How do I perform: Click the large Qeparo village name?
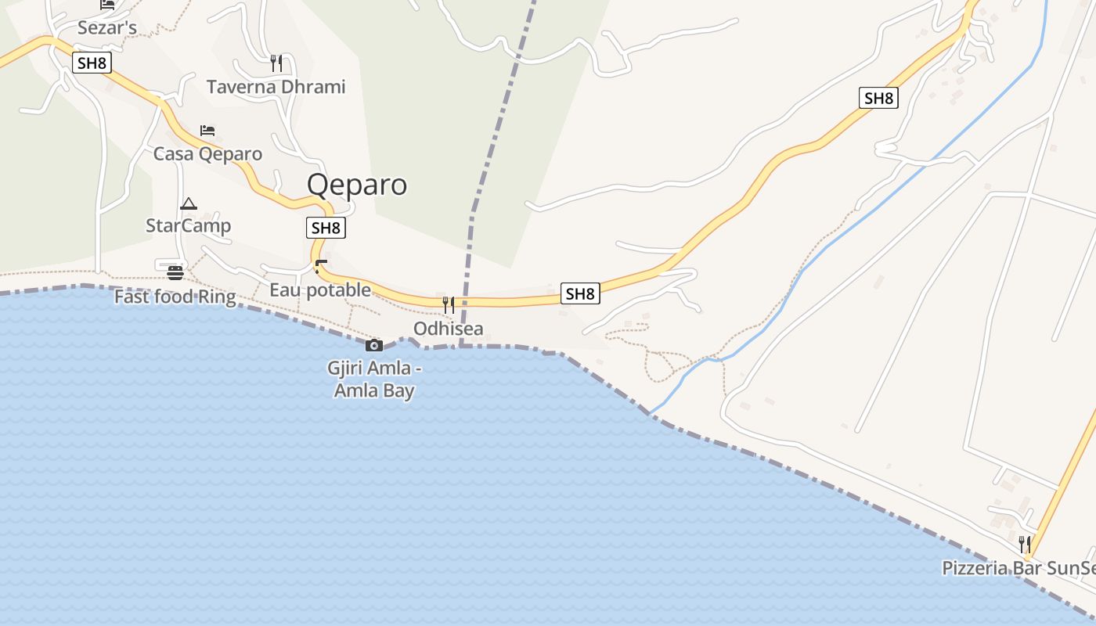click(357, 185)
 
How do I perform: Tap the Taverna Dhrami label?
click(276, 87)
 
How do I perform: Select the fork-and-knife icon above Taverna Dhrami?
click(276, 63)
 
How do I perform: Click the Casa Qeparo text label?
click(207, 153)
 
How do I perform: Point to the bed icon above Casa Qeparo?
click(207, 130)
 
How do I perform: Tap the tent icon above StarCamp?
click(189, 204)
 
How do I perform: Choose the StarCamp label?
click(189, 226)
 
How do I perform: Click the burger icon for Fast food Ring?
click(175, 273)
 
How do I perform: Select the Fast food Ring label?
click(175, 297)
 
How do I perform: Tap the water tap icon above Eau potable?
click(319, 267)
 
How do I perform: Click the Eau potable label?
click(320, 290)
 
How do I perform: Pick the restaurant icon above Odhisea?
click(449, 304)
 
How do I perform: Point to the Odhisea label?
click(449, 329)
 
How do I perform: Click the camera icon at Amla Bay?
click(374, 345)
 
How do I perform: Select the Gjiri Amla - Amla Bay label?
click(374, 379)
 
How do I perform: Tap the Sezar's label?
click(107, 28)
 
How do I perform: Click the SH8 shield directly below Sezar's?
click(92, 63)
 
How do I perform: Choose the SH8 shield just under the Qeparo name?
click(326, 228)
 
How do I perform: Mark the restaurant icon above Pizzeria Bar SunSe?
click(1023, 544)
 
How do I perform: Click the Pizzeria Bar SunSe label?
click(1018, 568)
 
